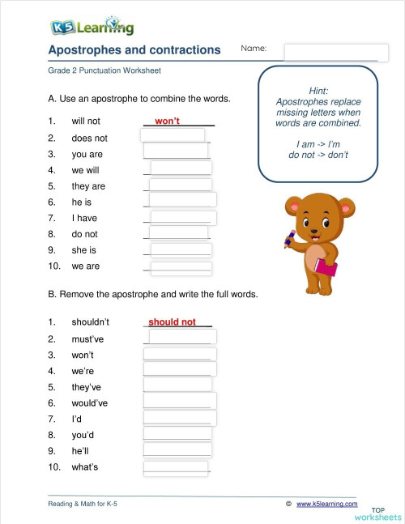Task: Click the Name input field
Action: click(330, 51)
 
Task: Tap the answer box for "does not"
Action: click(173, 136)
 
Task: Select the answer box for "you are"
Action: click(176, 151)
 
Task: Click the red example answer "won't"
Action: click(167, 121)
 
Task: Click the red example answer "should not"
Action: click(172, 322)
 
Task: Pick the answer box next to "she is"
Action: click(180, 250)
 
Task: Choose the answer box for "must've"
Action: click(183, 337)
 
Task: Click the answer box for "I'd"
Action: click(180, 417)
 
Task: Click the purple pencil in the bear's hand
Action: click(288, 236)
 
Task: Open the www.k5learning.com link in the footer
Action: click(326, 504)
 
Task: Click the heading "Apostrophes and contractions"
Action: click(134, 50)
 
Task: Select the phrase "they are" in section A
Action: click(88, 186)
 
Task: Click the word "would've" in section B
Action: click(90, 403)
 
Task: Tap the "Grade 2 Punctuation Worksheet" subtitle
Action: click(104, 70)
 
